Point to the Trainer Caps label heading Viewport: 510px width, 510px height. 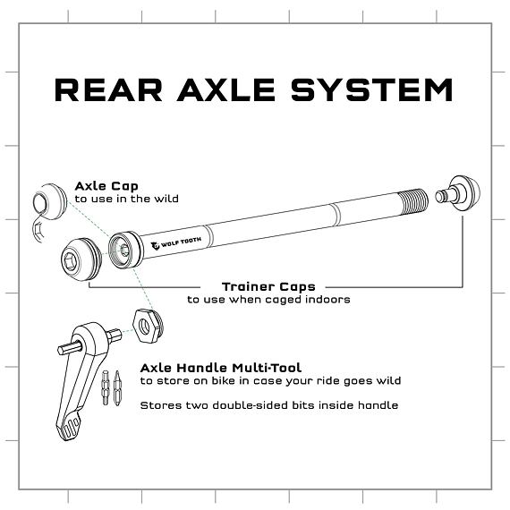click(268, 287)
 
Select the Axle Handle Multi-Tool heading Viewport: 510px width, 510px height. click(221, 368)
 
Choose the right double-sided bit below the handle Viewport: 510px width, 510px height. click(116, 392)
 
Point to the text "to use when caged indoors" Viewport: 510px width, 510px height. click(268, 300)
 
